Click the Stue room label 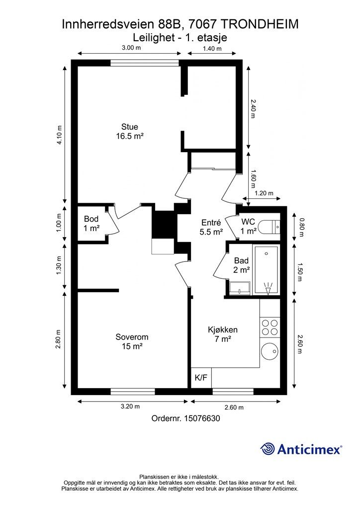pyautogui.click(x=129, y=131)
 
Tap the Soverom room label pyautogui.click(x=132, y=341)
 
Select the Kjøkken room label pyautogui.click(x=223, y=335)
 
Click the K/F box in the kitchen pyautogui.click(x=201, y=378)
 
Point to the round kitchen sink pyautogui.click(x=270, y=351)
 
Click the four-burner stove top pyautogui.click(x=270, y=327)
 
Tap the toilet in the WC pyautogui.click(x=270, y=227)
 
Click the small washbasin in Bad pyautogui.click(x=240, y=288)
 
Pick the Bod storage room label pyautogui.click(x=91, y=224)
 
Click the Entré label pyautogui.click(x=211, y=227)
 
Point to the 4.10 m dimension pyautogui.click(x=60, y=135)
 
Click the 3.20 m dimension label pyautogui.click(x=130, y=407)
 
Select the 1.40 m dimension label pyautogui.click(x=212, y=49)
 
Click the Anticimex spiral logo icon pyautogui.click(x=267, y=449)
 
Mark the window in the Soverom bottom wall pyautogui.click(x=133, y=392)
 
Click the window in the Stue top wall pyautogui.click(x=145, y=63)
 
